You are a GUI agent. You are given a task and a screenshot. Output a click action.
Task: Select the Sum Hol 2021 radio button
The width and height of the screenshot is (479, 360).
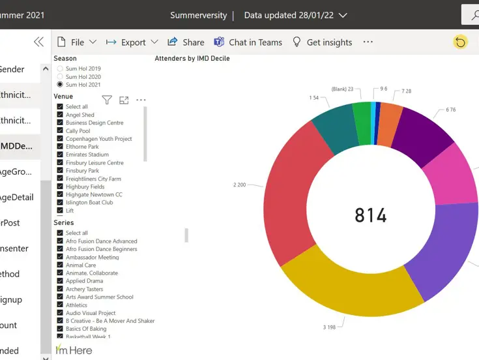point(60,84)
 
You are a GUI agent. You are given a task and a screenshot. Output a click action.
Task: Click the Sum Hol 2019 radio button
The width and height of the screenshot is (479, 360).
point(60,68)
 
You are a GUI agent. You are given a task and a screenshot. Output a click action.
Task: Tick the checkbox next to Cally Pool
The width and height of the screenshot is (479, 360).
point(60,130)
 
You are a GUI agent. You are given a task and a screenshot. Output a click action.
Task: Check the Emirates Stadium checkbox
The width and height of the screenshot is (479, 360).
point(60,155)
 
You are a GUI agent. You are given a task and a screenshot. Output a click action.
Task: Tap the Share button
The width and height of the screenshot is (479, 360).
point(186,42)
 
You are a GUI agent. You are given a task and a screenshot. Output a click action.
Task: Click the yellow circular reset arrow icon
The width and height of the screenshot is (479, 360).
point(460,42)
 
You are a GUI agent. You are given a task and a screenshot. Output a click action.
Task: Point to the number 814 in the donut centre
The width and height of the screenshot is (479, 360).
point(371,215)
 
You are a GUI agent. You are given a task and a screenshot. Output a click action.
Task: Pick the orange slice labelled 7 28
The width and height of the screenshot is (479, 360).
point(390,115)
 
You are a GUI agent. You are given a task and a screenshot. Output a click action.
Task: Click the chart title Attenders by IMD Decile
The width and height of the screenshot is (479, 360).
point(192,58)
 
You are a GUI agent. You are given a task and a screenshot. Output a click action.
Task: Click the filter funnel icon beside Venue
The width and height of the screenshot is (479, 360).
point(107,100)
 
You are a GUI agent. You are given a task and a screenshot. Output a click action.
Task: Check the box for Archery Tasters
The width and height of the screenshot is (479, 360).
point(60,289)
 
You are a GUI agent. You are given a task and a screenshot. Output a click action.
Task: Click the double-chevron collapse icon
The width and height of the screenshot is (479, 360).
point(38,42)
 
